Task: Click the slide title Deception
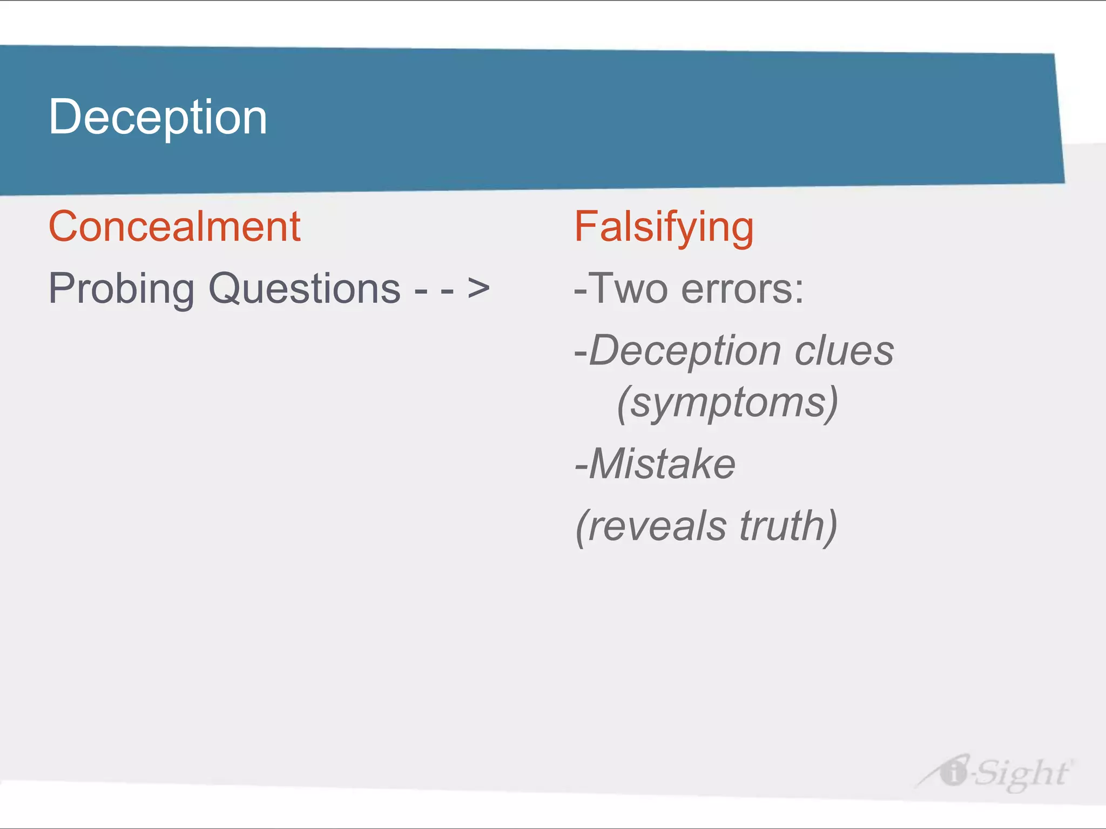[x=158, y=118]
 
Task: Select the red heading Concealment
[x=174, y=227]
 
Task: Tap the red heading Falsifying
[x=664, y=228]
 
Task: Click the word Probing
[x=122, y=289]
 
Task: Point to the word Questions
[x=305, y=289]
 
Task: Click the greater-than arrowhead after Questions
[x=478, y=288]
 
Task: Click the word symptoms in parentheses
[x=728, y=403]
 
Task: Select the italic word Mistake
[x=662, y=464]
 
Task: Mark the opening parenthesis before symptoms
[x=623, y=404]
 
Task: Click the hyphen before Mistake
[x=581, y=465]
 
